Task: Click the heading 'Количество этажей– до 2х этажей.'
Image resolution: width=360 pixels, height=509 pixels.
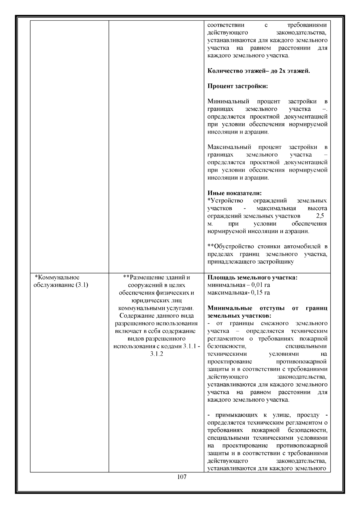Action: pos(259,71)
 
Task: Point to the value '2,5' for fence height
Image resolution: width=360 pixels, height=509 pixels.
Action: pos(320,216)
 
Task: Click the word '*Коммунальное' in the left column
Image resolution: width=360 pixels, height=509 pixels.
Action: pos(57,277)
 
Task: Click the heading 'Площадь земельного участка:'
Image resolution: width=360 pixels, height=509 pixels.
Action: pos(252,277)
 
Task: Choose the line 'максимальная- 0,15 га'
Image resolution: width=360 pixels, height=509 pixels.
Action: pos(238,293)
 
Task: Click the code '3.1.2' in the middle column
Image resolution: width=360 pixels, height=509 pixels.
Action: pos(156,354)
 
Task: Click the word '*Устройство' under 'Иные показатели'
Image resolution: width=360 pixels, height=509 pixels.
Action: pos(225,201)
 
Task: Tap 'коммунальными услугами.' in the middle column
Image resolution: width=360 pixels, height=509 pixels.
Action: pos(156,308)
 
